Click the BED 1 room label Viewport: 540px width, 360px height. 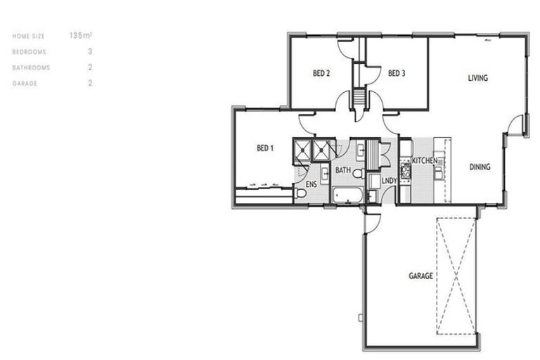pyautogui.click(x=264, y=148)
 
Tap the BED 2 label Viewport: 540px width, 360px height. pyautogui.click(x=321, y=72)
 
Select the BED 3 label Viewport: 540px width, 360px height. pyautogui.click(x=397, y=72)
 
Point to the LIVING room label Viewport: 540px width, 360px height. pyautogui.click(x=477, y=78)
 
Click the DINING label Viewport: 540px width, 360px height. pyautogui.click(x=480, y=167)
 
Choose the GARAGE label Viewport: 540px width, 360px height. pyautogui.click(x=420, y=276)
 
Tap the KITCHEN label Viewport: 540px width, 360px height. pyautogui.click(x=425, y=161)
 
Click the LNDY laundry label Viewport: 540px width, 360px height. pyautogui.click(x=389, y=181)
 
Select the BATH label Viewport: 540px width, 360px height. pyautogui.click(x=342, y=170)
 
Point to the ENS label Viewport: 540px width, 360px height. pyautogui.click(x=310, y=184)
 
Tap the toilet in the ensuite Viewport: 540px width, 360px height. pyautogui.click(x=301, y=193)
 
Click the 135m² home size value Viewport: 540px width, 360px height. pyautogui.click(x=81, y=34)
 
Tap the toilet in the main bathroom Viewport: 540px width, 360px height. pyautogui.click(x=357, y=173)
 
